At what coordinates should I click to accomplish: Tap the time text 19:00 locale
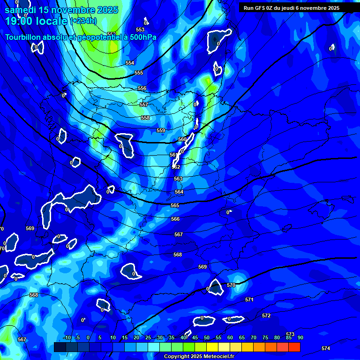pos(37,21)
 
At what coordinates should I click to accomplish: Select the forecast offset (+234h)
pos(83,21)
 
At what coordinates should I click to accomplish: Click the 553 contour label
pos(140,30)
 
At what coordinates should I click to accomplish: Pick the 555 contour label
pos(139,73)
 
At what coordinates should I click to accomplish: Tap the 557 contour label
pos(144,105)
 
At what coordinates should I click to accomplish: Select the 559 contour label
pos(161,130)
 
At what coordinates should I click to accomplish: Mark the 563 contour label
pos(178,179)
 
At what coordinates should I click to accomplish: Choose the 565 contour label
pos(175,205)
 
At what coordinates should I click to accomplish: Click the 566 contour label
pos(175,219)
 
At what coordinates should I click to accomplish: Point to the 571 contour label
pos(249,300)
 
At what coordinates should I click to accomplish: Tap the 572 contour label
pos(266,315)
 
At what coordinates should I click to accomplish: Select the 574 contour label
pos(326,348)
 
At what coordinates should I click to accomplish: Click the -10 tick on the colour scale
pos(67,337)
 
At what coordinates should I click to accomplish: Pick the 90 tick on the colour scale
pos(300,337)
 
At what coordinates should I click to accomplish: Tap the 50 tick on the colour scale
pos(206,337)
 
